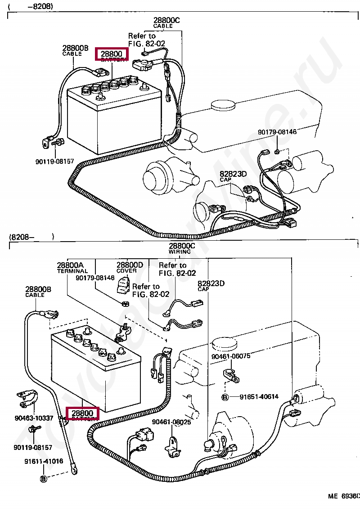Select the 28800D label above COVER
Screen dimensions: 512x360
(130, 265)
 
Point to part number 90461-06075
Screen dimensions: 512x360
(231, 356)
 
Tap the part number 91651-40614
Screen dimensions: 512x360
(259, 397)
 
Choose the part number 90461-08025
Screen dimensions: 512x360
(171, 422)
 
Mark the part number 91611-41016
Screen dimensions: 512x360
(44, 461)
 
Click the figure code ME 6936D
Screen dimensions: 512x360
(344, 496)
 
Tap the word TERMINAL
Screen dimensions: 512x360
(72, 271)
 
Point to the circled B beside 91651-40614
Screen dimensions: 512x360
(225, 397)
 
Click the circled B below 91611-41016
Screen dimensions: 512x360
(43, 479)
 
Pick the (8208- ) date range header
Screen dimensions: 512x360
(31, 237)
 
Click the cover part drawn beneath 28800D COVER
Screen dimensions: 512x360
(123, 284)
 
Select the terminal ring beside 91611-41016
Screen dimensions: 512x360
(73, 471)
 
